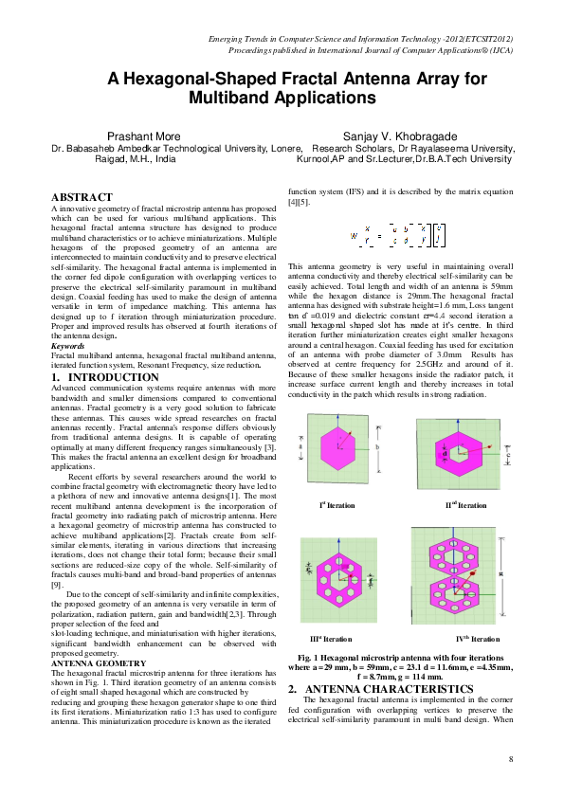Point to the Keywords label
[66, 346]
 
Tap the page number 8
[511, 759]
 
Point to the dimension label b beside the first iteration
[377, 445]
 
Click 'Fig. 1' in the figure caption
[310, 657]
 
